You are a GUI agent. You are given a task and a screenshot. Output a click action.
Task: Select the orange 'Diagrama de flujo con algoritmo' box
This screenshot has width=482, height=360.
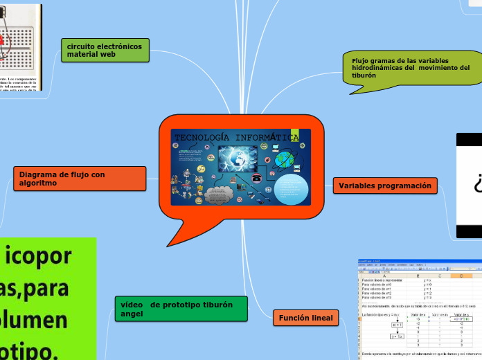coord(80,179)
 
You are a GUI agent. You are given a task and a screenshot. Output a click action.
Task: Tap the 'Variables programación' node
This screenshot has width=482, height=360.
coord(385,186)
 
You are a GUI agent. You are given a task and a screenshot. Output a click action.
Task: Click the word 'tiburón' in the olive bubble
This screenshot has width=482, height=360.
coord(364,75)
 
